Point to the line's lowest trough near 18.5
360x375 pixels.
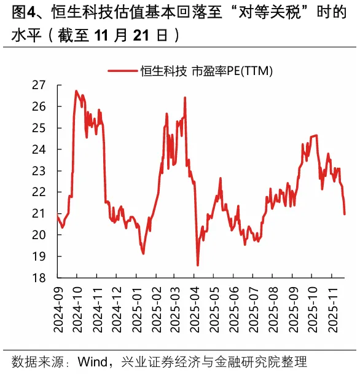[x=198, y=265]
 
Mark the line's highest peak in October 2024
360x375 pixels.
[x=76, y=91]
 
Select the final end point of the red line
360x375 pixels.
[x=345, y=214]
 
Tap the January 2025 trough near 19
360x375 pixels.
[x=143, y=253]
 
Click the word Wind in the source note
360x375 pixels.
[x=93, y=361]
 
